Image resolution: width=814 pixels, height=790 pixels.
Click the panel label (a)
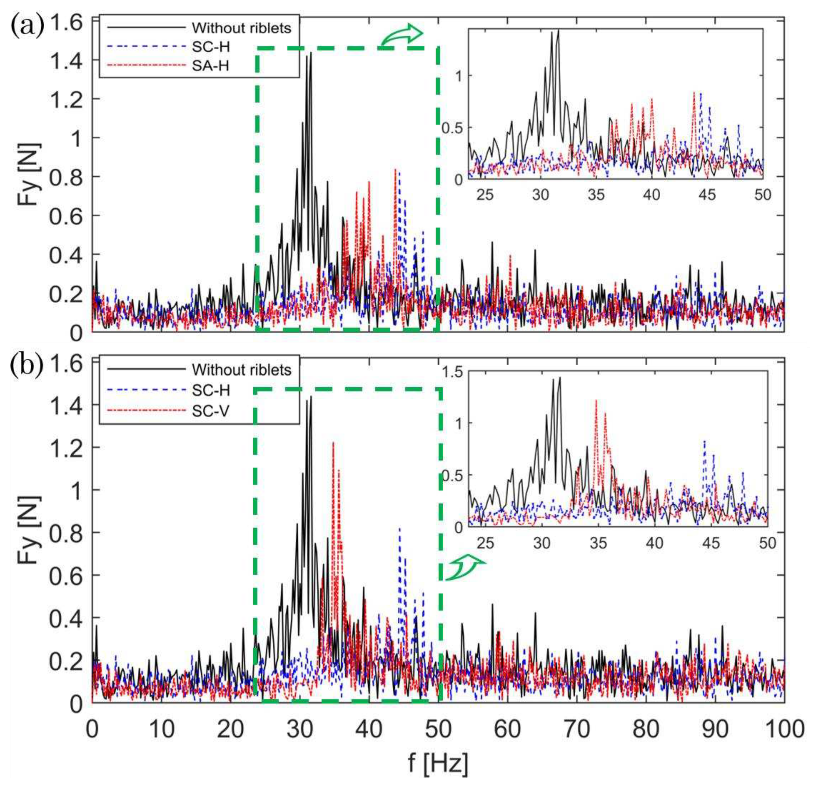27,28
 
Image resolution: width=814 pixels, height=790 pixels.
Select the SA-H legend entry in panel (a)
211,65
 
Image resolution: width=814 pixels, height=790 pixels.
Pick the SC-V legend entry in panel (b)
211,411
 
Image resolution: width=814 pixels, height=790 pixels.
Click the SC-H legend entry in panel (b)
211,390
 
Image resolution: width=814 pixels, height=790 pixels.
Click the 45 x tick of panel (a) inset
707,195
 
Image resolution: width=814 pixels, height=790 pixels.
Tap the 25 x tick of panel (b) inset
485,543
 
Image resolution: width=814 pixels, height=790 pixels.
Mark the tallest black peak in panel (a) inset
558,31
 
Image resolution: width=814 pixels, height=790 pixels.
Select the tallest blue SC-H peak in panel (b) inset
704,441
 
